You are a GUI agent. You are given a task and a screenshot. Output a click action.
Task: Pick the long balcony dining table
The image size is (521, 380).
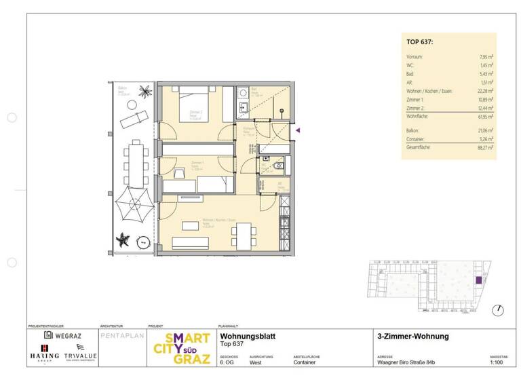coord(136,162)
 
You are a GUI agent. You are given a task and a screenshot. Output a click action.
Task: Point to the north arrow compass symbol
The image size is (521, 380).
coord(499,309)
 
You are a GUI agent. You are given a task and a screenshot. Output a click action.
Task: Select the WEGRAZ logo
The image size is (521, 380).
coord(62,335)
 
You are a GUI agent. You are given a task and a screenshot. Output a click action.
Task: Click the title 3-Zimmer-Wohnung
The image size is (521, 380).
coord(412,336)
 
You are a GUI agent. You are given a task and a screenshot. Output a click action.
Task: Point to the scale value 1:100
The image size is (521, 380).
coord(497,362)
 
